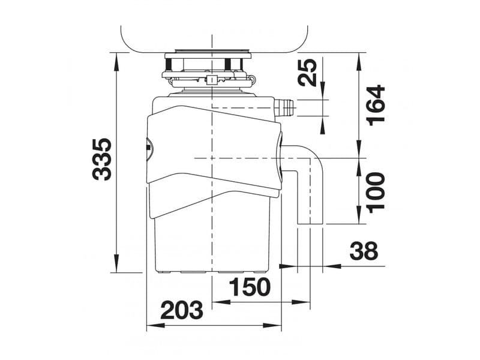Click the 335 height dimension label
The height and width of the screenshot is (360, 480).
click(102, 159)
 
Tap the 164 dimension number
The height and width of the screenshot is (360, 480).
click(377, 106)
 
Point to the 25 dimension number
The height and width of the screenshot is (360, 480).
click(308, 72)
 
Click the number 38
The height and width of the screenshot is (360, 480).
click(364, 250)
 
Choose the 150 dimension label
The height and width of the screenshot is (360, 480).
click(250, 287)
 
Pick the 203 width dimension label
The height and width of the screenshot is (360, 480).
click(182, 310)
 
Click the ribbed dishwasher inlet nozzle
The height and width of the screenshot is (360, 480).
click(284, 108)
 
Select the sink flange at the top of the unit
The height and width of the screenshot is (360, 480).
click(208, 55)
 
